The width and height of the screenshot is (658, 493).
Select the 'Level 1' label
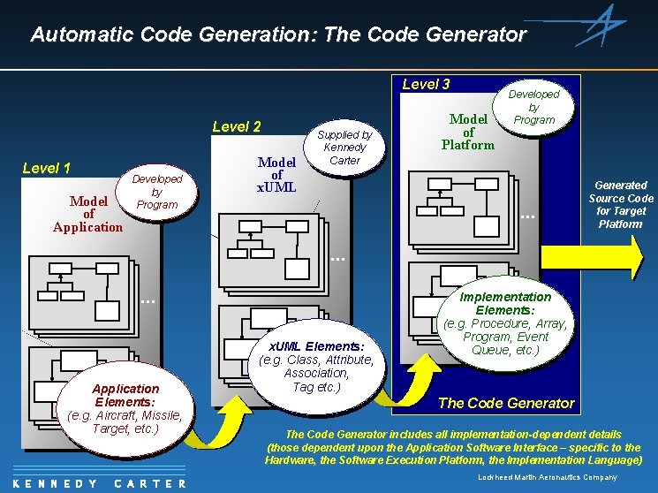(x=47, y=168)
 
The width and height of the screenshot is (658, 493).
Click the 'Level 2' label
(x=237, y=126)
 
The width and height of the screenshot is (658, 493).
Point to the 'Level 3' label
(x=426, y=84)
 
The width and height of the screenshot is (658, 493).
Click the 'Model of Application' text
(x=88, y=214)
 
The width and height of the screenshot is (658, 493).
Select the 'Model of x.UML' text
(x=276, y=175)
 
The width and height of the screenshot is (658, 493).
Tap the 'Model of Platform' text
(x=468, y=132)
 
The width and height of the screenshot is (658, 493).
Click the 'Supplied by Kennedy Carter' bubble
(x=344, y=148)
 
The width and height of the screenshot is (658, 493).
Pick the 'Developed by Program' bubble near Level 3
(x=533, y=107)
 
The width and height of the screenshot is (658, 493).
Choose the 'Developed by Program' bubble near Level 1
(x=156, y=192)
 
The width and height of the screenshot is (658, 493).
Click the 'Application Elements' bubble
(x=125, y=408)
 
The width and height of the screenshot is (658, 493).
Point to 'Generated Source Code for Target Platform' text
(x=621, y=204)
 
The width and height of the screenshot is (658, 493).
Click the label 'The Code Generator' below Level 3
(x=506, y=403)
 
